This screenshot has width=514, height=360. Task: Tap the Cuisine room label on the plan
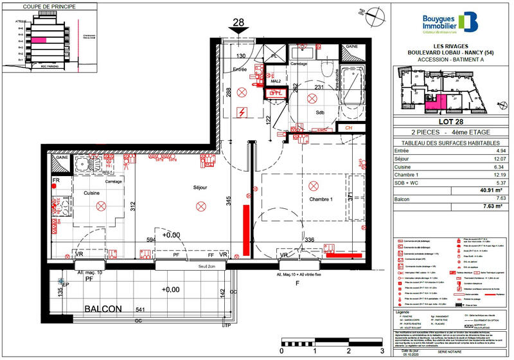click(91, 193)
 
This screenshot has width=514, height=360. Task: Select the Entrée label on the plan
click(239, 69)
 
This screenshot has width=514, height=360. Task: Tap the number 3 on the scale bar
click(382, 352)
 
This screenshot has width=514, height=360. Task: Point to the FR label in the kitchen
click(55, 181)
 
